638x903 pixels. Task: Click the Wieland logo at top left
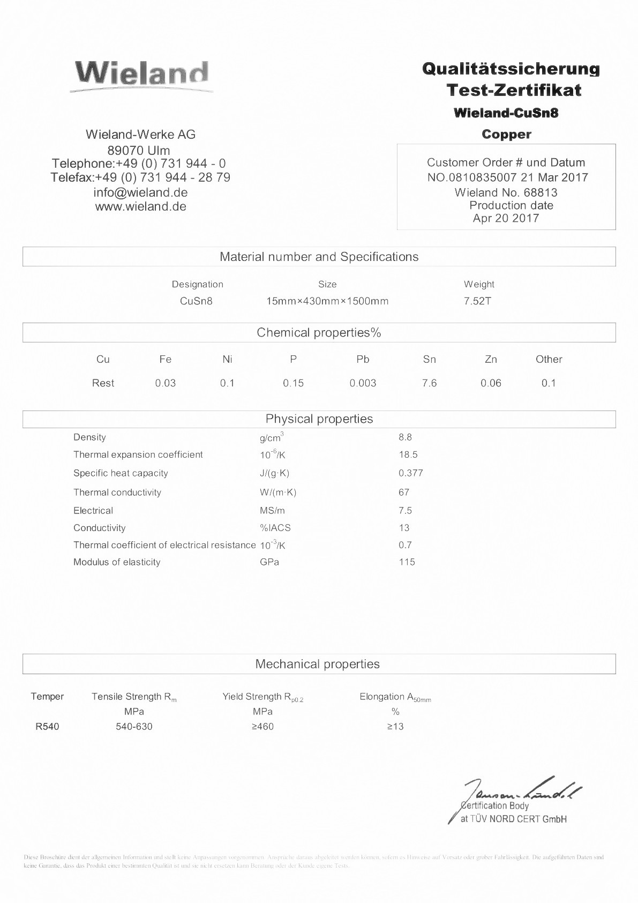(141, 74)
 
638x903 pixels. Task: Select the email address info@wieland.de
(140, 192)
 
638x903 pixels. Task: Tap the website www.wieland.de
(140, 207)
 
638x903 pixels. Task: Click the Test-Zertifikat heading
(514, 90)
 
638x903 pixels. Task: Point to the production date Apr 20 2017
(506, 218)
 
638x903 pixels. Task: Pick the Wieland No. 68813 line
(506, 192)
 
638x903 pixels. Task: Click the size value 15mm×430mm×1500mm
(327, 301)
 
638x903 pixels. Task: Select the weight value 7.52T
(477, 301)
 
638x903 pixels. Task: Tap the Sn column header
(429, 360)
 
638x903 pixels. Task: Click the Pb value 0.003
(363, 383)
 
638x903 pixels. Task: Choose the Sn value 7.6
(429, 383)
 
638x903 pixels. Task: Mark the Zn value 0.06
(491, 383)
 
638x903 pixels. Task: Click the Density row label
(89, 437)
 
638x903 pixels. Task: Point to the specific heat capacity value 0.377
(411, 473)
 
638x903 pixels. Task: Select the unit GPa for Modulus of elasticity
(269, 562)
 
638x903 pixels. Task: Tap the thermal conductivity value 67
(404, 492)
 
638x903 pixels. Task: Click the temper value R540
(47, 727)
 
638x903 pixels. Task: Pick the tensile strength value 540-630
(134, 727)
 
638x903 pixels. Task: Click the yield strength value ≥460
(262, 727)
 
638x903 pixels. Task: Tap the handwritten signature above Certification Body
(522, 789)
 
